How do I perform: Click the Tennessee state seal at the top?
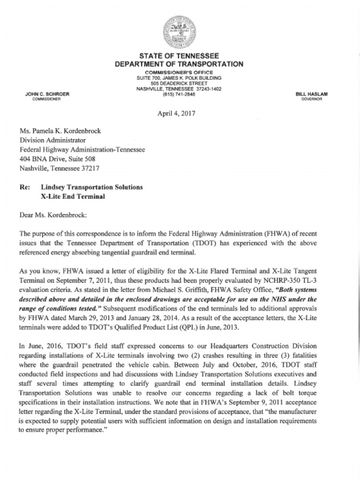[180, 32]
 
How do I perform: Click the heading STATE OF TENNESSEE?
[180, 56]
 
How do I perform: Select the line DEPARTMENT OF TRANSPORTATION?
[180, 64]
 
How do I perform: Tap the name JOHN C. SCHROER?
[47, 94]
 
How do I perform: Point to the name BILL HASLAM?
[312, 94]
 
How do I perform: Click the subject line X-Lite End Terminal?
[73, 196]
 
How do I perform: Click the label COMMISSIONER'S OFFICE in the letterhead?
[179, 72]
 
